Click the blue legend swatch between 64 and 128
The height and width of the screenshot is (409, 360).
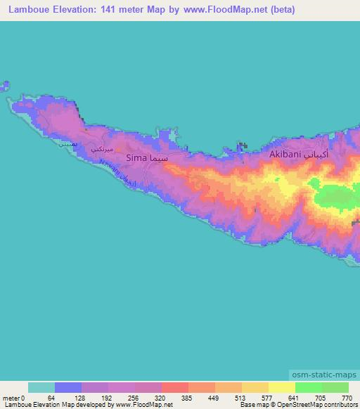click(68, 387)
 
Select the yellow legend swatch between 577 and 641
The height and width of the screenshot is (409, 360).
click(281, 387)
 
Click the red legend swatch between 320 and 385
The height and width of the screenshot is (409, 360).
click(174, 387)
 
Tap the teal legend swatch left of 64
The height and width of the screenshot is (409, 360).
click(41, 387)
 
